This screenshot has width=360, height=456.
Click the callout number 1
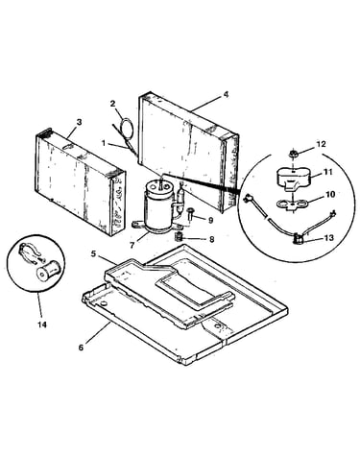tap(104, 143)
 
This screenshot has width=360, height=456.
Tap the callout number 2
tap(112, 104)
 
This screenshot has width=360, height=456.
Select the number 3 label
tap(80, 122)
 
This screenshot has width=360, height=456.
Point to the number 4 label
tap(226, 95)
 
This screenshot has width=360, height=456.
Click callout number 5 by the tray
tap(93, 253)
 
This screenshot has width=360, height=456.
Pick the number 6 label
tap(81, 348)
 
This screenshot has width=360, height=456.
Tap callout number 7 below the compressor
tap(132, 245)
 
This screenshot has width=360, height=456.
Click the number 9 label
tap(210, 221)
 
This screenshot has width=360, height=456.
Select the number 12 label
tap(322, 144)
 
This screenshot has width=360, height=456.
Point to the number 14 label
tap(42, 324)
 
